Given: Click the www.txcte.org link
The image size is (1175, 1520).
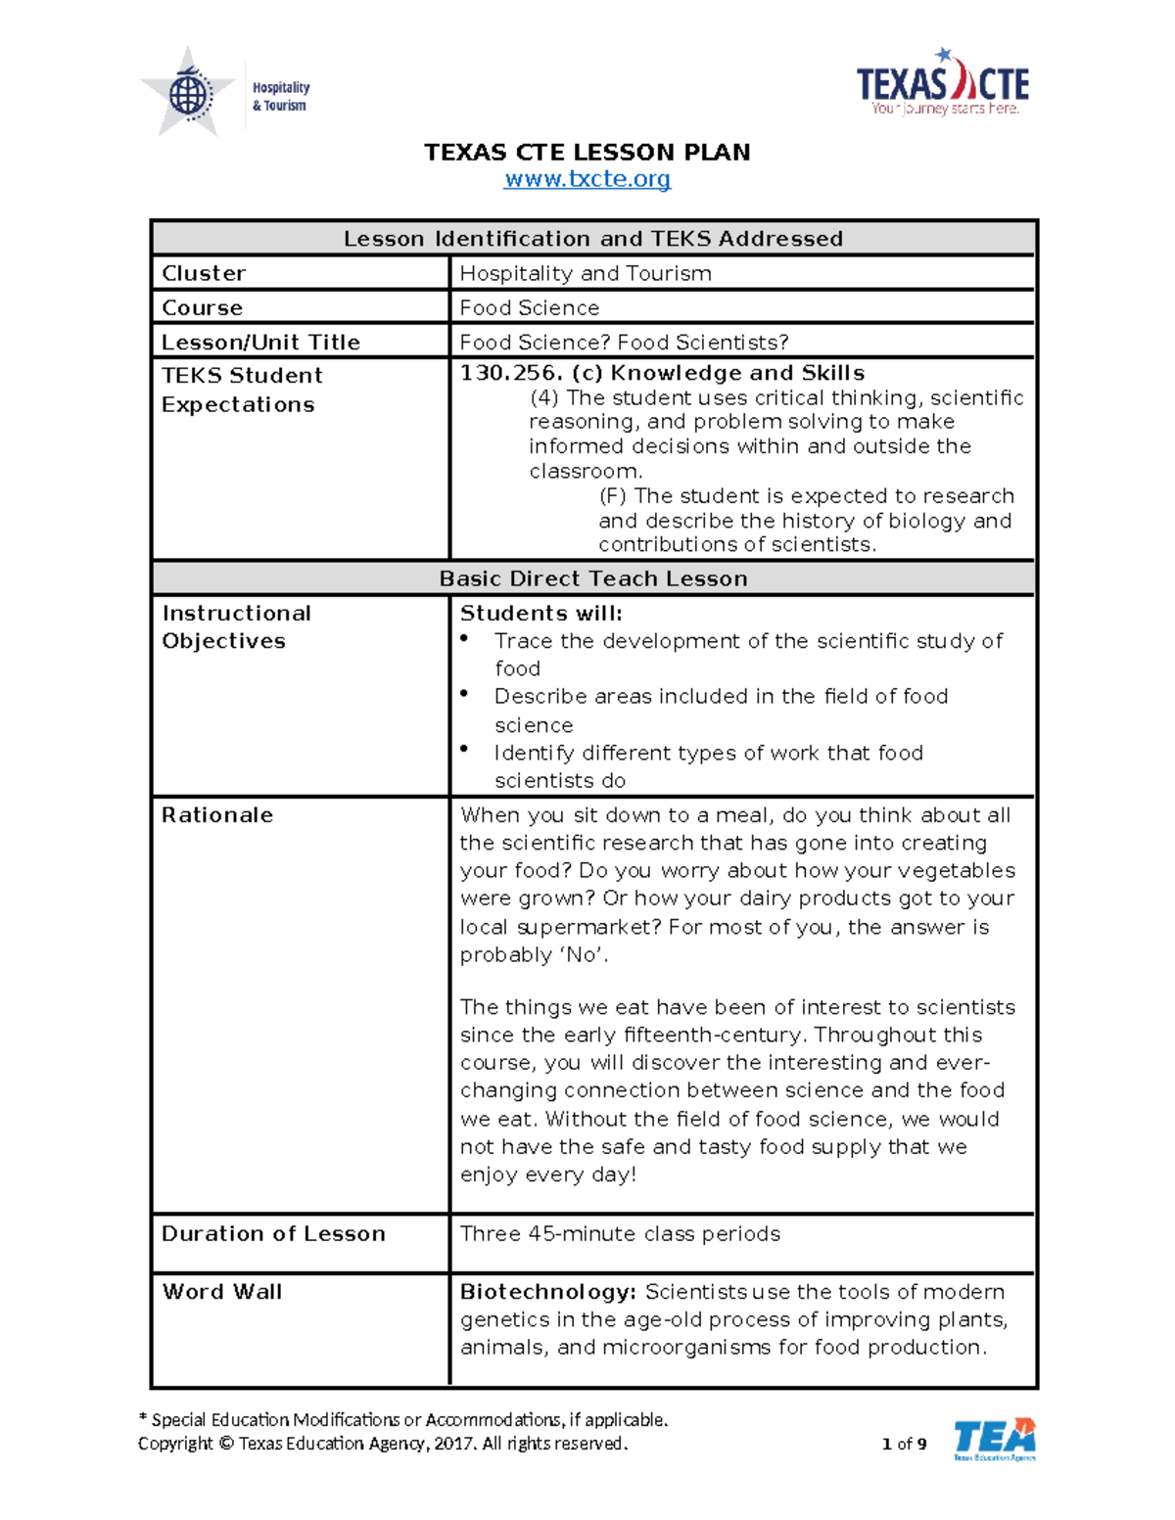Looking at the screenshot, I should (587, 179).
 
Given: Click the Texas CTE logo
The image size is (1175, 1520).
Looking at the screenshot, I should (942, 84).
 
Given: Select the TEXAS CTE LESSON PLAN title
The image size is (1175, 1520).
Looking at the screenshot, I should (587, 152).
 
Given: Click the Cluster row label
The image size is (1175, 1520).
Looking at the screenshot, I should (204, 273).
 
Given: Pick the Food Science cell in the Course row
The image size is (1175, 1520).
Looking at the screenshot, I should (529, 307).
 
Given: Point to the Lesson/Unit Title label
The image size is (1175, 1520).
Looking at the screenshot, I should (260, 342).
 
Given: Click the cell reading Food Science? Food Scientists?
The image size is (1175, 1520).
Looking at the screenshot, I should (624, 342).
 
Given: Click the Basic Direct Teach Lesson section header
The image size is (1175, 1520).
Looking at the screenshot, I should (593, 578).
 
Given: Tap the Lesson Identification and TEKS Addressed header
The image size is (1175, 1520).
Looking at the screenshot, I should (593, 239).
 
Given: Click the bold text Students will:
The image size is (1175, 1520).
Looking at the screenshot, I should (540, 613).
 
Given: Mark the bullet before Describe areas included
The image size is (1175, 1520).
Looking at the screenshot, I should (465, 694).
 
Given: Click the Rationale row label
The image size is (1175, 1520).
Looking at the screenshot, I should (217, 814).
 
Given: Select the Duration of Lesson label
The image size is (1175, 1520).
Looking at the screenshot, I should (273, 1233).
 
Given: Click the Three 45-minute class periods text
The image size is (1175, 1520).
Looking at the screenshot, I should (620, 1233).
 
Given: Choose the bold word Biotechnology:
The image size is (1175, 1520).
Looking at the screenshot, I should (548, 1291).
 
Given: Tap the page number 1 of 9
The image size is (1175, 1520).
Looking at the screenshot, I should (904, 1443).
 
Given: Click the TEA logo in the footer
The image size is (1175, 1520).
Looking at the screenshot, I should (994, 1439).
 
